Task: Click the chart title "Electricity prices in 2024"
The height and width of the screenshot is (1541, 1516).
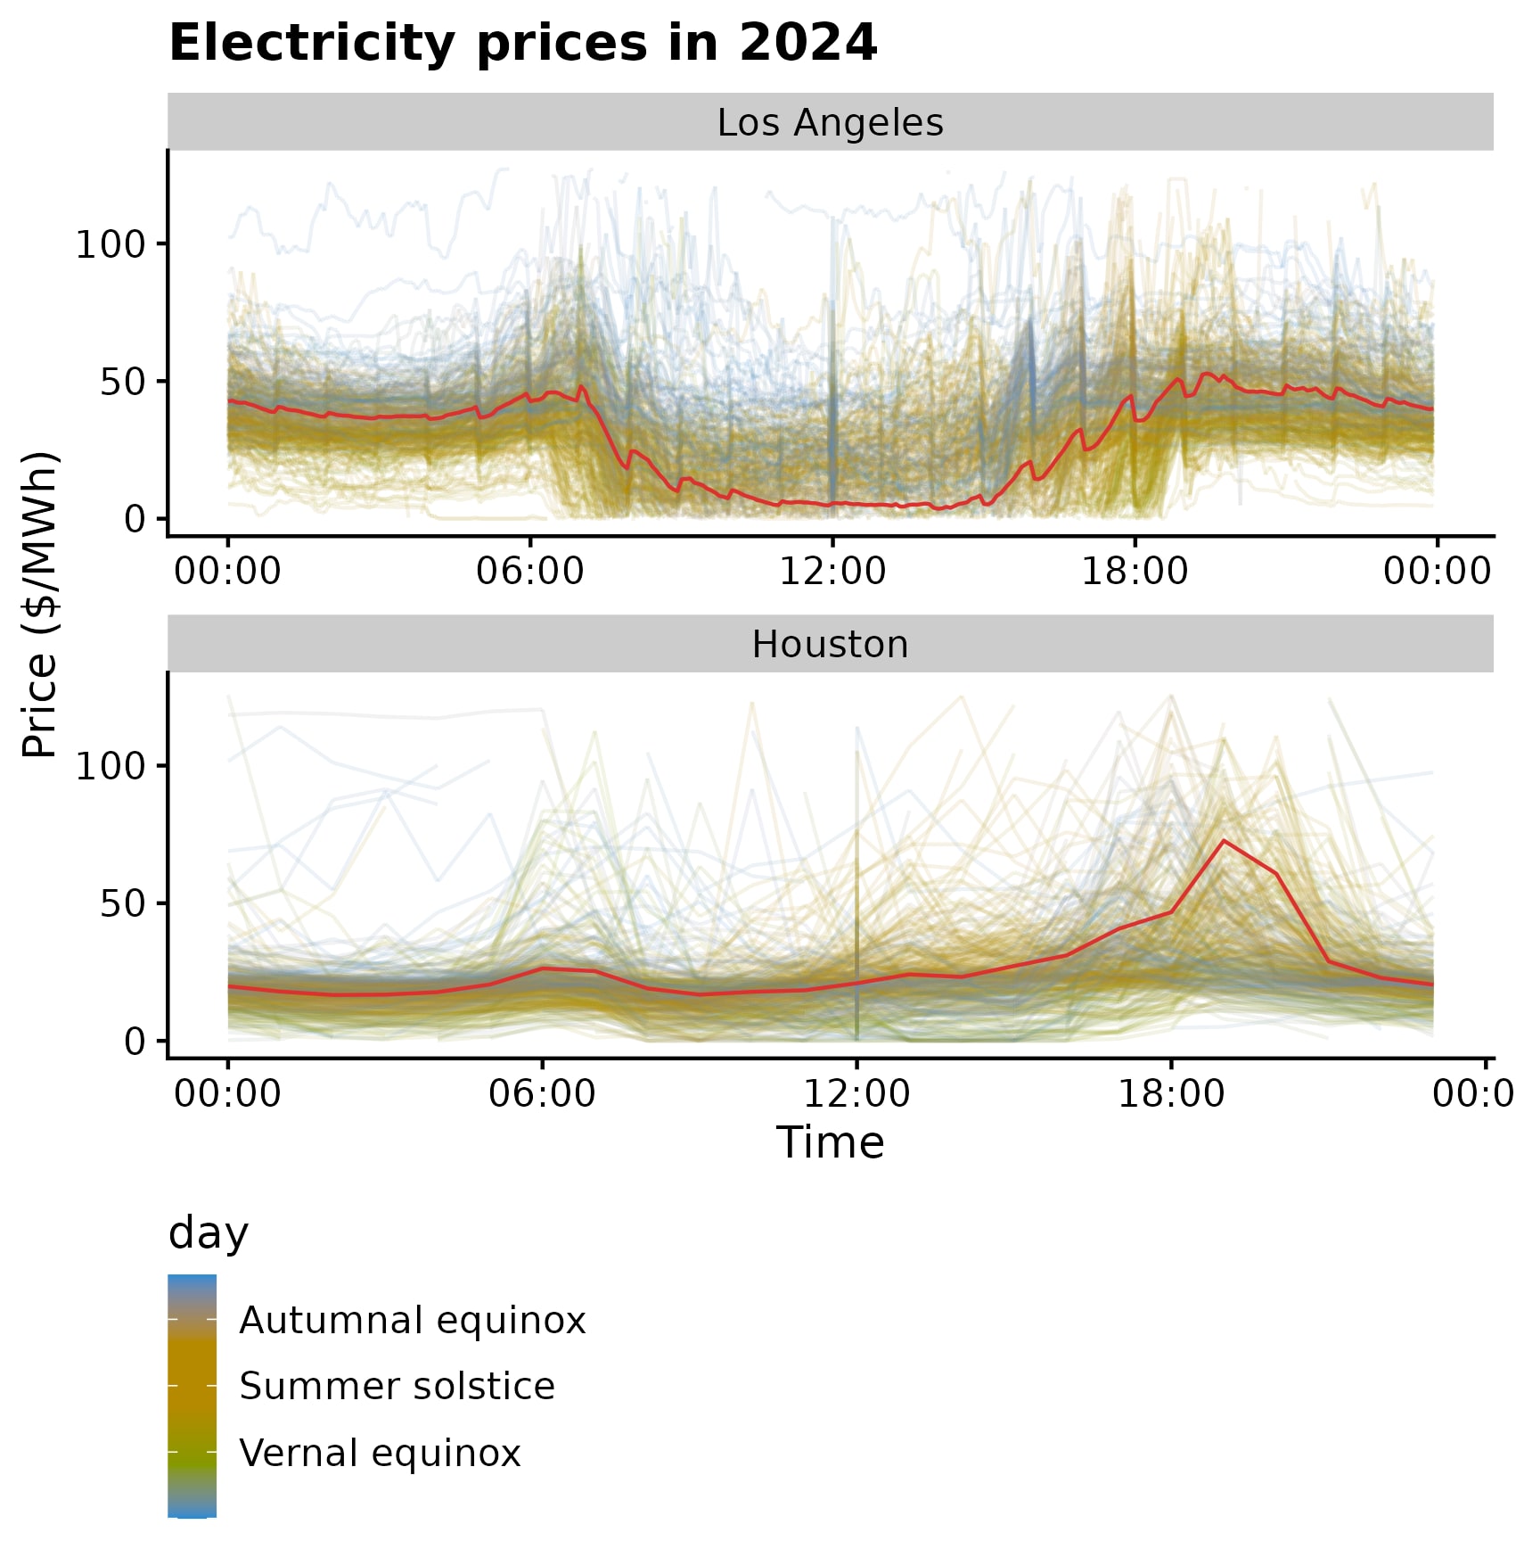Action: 522,43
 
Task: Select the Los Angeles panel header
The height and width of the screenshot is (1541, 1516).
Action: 830,122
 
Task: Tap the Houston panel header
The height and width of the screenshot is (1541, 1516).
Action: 830,644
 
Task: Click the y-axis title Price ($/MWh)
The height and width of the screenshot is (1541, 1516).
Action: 40,605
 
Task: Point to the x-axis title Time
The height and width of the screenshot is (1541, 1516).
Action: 830,1142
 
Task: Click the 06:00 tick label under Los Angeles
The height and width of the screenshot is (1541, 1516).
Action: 529,572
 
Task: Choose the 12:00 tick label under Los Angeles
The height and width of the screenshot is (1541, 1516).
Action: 832,572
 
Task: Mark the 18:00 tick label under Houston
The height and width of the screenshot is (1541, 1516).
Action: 1171,1093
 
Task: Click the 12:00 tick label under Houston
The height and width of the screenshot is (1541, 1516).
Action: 856,1093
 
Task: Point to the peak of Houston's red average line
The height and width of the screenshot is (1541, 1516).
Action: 1224,840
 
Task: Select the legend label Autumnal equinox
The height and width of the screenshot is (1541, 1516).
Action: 413,1321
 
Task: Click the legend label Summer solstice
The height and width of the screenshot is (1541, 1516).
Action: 397,1387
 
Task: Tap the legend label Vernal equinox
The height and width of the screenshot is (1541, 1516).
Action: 381,1453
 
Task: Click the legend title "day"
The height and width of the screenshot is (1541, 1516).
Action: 209,1233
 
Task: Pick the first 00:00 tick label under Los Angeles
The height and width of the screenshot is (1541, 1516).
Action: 227,572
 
